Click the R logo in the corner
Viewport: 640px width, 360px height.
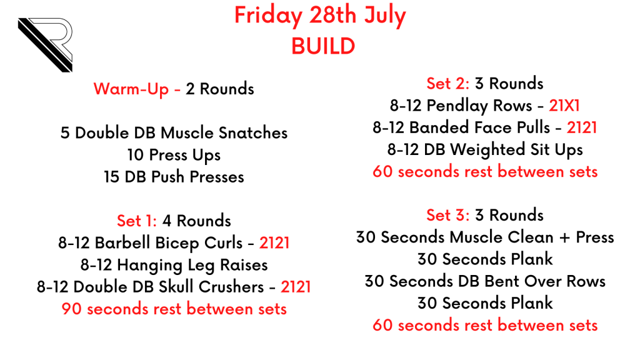45,45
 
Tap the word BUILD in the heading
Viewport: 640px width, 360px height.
323,46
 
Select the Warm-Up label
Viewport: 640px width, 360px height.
131,89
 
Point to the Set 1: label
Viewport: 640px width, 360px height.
137,221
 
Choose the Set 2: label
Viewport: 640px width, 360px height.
447,84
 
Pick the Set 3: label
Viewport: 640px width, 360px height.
447,215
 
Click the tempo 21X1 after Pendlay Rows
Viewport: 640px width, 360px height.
564,106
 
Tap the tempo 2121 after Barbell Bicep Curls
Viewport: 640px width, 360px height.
274,243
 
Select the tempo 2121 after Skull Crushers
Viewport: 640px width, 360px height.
296,287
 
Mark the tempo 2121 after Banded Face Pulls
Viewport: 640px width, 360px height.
582,127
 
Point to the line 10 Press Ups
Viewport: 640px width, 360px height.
174,156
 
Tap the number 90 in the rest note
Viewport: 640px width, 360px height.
72,309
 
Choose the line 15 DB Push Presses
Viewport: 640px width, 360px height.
174,177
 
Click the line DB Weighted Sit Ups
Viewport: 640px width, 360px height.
503,150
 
